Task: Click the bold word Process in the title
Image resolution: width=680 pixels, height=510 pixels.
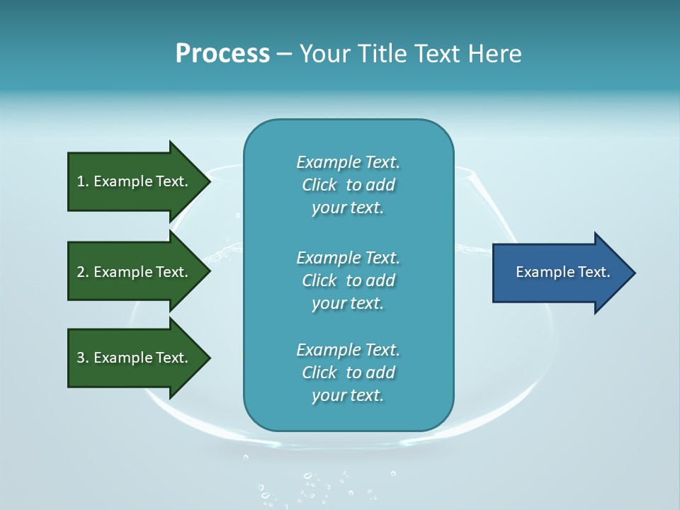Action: point(222,54)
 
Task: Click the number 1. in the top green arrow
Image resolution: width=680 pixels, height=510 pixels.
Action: point(82,181)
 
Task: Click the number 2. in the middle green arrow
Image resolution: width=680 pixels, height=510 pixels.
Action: point(82,272)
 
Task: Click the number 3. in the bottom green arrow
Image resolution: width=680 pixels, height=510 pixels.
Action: point(82,358)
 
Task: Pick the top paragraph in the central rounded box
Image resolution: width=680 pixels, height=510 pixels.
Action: point(348,185)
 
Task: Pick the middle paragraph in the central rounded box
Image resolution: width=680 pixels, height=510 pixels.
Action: point(348,280)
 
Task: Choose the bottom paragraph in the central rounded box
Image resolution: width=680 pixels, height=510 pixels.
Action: point(348,373)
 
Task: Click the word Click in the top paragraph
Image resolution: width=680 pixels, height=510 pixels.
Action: point(319,185)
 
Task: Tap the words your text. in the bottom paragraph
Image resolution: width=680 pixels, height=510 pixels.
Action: point(348,395)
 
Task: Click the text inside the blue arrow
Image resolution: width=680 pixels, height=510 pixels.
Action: point(563,272)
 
